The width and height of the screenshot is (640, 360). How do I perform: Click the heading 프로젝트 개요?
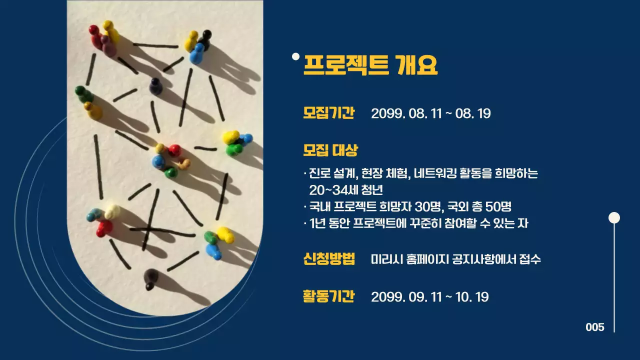tap(370, 65)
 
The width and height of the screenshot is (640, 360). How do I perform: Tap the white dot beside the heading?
tap(295, 56)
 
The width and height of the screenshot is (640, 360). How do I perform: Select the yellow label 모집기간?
tap(328, 113)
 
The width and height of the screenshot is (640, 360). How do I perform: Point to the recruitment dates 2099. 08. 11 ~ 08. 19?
tap(430, 113)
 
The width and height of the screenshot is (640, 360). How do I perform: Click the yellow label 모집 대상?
tap(330, 149)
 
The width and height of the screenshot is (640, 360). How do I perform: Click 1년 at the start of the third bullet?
tap(317, 223)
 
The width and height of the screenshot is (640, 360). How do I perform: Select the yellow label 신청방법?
tap(328, 259)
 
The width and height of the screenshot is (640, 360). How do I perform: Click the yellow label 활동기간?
tap(328, 296)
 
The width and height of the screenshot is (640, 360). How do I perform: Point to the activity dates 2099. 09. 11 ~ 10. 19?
tap(429, 297)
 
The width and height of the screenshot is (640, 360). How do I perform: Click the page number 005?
tap(595, 327)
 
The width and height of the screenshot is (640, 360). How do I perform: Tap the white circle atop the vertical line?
tap(614, 217)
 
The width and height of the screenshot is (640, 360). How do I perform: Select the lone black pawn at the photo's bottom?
tap(150, 278)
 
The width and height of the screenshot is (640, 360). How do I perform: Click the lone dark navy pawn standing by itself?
tap(155, 85)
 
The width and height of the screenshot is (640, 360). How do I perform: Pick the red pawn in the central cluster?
tap(174, 150)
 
